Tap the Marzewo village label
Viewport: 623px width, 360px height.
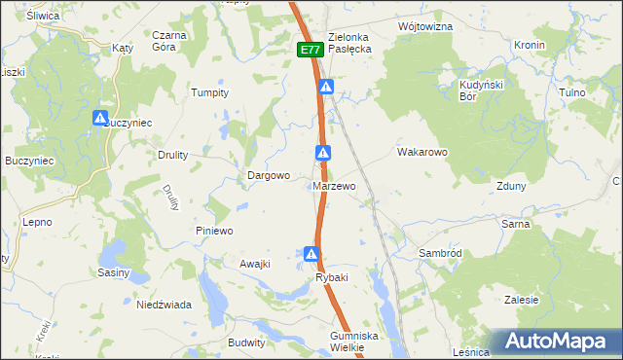click(334, 186)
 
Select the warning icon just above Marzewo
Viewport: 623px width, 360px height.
click(323, 153)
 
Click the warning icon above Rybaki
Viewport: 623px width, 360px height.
click(311, 255)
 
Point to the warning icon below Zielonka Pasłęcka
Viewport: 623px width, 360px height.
click(328, 88)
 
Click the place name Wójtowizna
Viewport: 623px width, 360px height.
click(425, 26)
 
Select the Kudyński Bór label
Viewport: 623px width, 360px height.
click(479, 91)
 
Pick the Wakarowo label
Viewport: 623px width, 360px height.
click(421, 153)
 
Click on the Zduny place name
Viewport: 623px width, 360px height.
click(511, 186)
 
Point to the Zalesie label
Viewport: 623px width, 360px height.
click(522, 300)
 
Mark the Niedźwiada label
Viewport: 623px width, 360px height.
click(164, 305)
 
